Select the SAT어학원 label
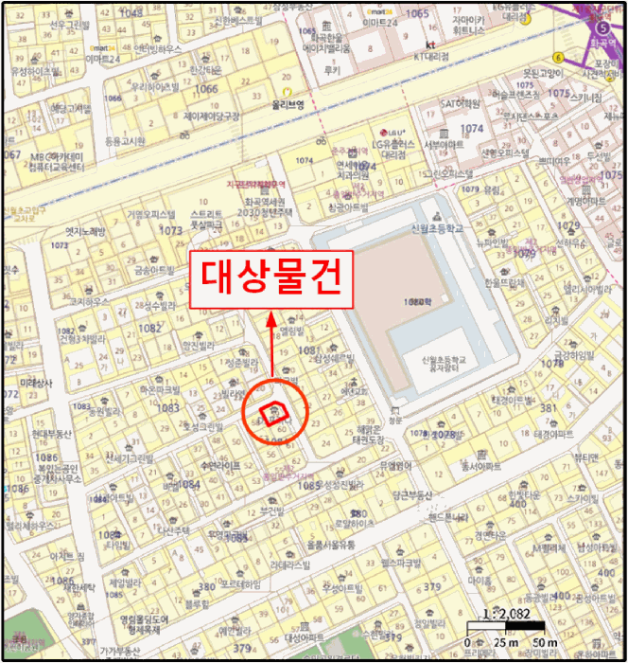(x=462, y=104)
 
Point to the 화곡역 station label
(x=598, y=41)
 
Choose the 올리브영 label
(x=288, y=107)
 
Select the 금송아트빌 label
(x=154, y=270)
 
